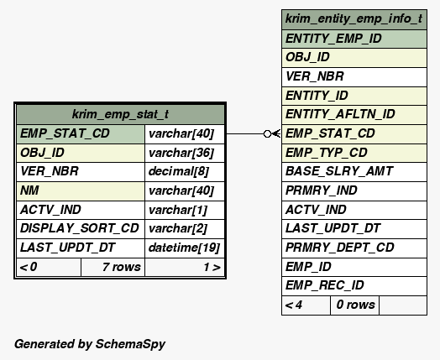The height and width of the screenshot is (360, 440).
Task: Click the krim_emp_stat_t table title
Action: (x=120, y=114)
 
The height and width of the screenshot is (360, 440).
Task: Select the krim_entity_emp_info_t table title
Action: (x=354, y=19)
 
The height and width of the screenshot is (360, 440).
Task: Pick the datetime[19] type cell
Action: (x=184, y=248)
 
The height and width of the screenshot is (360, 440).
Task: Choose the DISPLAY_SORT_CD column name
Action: (x=80, y=228)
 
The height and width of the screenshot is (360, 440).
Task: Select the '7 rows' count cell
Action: (x=113, y=267)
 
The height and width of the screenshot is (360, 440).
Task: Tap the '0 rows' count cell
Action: (x=354, y=305)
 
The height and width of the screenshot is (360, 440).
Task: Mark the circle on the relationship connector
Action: (x=267, y=134)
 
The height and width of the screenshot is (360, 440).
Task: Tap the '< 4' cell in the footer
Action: (x=306, y=305)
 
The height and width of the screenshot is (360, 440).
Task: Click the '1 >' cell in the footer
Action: (x=185, y=267)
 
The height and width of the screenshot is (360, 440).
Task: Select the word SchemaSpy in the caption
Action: (x=130, y=344)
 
